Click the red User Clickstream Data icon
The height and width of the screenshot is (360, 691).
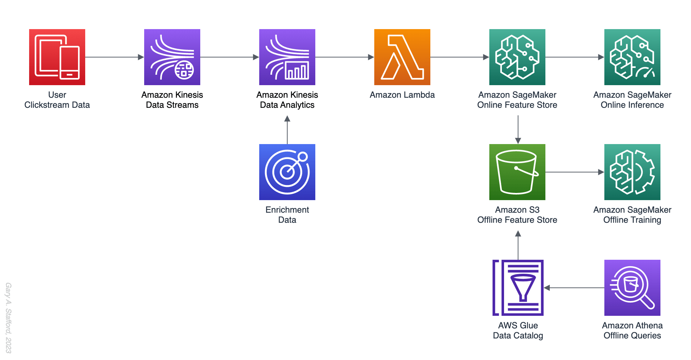coord(57,57)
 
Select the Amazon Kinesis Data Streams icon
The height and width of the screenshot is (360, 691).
coord(172,57)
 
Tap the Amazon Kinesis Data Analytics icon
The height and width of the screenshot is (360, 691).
coord(287,57)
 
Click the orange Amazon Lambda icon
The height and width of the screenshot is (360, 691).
coord(402,57)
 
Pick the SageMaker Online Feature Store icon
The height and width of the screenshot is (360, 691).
coord(517,57)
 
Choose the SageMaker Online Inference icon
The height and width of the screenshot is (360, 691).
coord(632,57)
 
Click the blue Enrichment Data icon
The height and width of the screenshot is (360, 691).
coord(287,172)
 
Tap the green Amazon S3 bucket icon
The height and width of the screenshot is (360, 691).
coord(517,172)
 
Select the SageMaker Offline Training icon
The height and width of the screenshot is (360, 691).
coord(632,172)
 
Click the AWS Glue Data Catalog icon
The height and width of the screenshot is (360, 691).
coord(518,288)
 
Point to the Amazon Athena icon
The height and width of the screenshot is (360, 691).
coord(632,288)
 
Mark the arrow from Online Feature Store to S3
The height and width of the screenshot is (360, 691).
coord(518,129)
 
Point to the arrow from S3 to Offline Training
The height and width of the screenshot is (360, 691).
coord(575,172)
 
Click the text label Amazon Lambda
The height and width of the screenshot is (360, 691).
coord(402,95)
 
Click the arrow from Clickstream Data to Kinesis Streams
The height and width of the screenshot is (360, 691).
coord(114,57)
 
